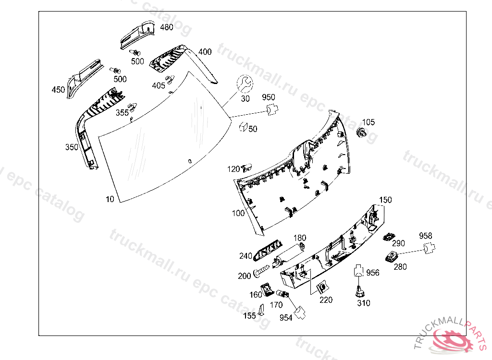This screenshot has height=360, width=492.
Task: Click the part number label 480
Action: click(166, 27)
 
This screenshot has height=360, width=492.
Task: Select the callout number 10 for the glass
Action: click(110, 199)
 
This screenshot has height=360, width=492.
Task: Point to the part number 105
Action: click(369, 122)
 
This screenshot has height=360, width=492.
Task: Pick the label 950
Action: click(269, 97)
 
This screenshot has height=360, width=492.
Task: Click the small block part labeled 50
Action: click(243, 128)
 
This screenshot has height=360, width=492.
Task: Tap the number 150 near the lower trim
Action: click(385, 200)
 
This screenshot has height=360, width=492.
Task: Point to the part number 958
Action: click(425, 236)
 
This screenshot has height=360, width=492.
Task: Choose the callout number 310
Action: click(364, 303)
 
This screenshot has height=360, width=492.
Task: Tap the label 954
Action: click(285, 318)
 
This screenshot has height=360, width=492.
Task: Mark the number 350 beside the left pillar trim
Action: click(72, 147)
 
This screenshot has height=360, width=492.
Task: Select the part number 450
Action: click(58, 90)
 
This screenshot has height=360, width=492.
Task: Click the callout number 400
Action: click(205, 52)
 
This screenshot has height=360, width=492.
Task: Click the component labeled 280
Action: click(393, 255)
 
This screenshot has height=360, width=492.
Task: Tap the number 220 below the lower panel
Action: click(326, 300)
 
